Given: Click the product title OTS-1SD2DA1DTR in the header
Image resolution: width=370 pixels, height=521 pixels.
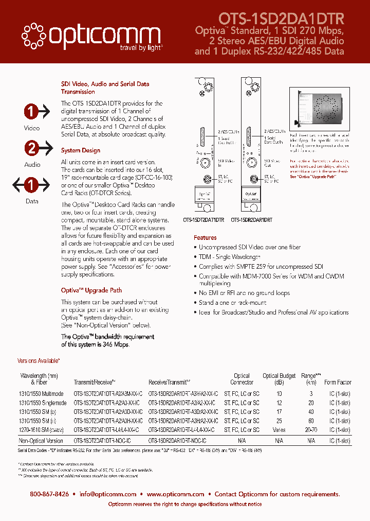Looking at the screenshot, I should point(281,19).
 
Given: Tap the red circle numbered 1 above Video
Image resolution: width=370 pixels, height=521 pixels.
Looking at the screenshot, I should point(31,112).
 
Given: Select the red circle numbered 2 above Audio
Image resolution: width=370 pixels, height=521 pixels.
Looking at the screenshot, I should point(32,149).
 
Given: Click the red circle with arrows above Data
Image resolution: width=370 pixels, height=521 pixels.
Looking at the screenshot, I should point(31,185).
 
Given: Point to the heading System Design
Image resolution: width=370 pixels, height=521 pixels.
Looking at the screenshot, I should point(81,151).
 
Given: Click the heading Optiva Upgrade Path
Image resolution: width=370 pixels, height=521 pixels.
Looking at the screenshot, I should point(91,290).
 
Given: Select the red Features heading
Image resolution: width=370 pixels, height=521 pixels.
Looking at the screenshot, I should point(205,238).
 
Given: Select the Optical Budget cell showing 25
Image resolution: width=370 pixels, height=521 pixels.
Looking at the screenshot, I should point(279,421).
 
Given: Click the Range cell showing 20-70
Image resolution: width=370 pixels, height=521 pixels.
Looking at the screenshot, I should point(311,429).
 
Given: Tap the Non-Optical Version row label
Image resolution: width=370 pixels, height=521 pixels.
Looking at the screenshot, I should point(41,441).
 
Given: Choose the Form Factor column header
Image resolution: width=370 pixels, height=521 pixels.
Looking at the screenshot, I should point(338,382).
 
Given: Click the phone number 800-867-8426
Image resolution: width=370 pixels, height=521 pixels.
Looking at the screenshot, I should point(49,494).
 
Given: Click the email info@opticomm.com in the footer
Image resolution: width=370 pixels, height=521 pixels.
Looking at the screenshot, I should point(108,494).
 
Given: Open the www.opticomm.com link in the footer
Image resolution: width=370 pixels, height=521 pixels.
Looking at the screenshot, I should point(175,494).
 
